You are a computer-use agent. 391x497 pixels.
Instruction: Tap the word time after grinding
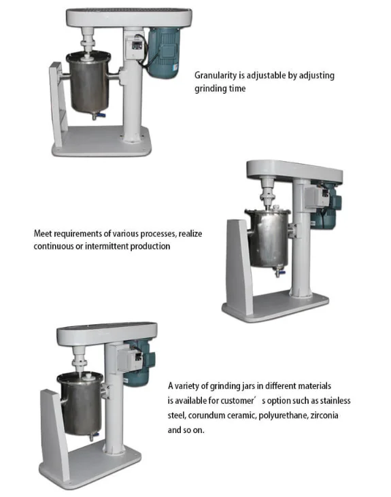click(237, 88)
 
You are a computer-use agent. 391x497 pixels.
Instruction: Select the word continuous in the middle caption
click(53, 246)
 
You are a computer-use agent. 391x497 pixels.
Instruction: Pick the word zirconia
click(324, 415)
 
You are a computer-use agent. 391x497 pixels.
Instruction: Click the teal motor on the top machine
click(164, 52)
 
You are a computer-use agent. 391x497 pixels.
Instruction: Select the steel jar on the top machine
click(89, 83)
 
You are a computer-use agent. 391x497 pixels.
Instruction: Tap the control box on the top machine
click(135, 47)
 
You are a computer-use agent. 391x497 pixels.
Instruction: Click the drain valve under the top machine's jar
click(99, 116)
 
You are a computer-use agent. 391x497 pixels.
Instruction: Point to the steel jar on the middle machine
click(269, 239)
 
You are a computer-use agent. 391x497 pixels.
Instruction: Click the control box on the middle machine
click(318, 197)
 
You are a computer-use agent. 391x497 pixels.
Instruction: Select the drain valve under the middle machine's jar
click(279, 271)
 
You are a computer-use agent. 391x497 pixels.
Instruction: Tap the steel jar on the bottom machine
click(80, 403)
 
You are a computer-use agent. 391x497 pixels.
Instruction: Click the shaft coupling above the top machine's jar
click(88, 44)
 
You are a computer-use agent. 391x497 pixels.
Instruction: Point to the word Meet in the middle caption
click(43, 234)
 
